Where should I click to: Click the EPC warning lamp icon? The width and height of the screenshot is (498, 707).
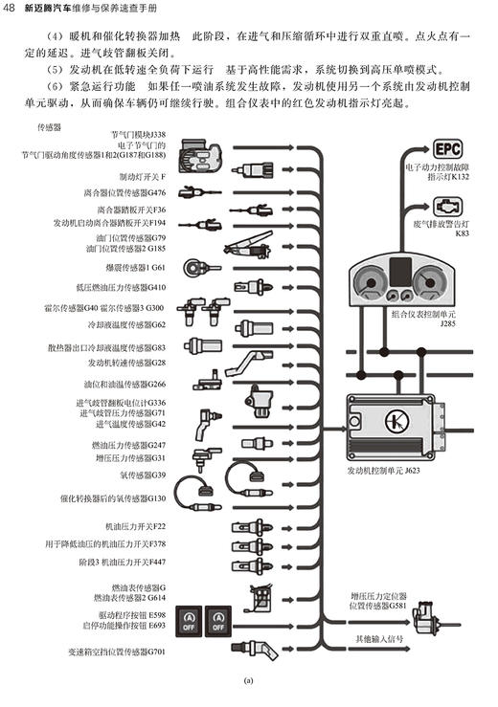pyautogui.click(x=447, y=149)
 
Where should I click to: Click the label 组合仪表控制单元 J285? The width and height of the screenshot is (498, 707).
pyautogui.click(x=415, y=318)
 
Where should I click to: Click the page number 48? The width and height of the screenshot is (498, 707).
pyautogui.click(x=10, y=10)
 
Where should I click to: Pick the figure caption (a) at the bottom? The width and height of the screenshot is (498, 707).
pyautogui.click(x=248, y=681)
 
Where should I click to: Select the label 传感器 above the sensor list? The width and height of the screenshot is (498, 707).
pyautogui.click(x=49, y=125)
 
